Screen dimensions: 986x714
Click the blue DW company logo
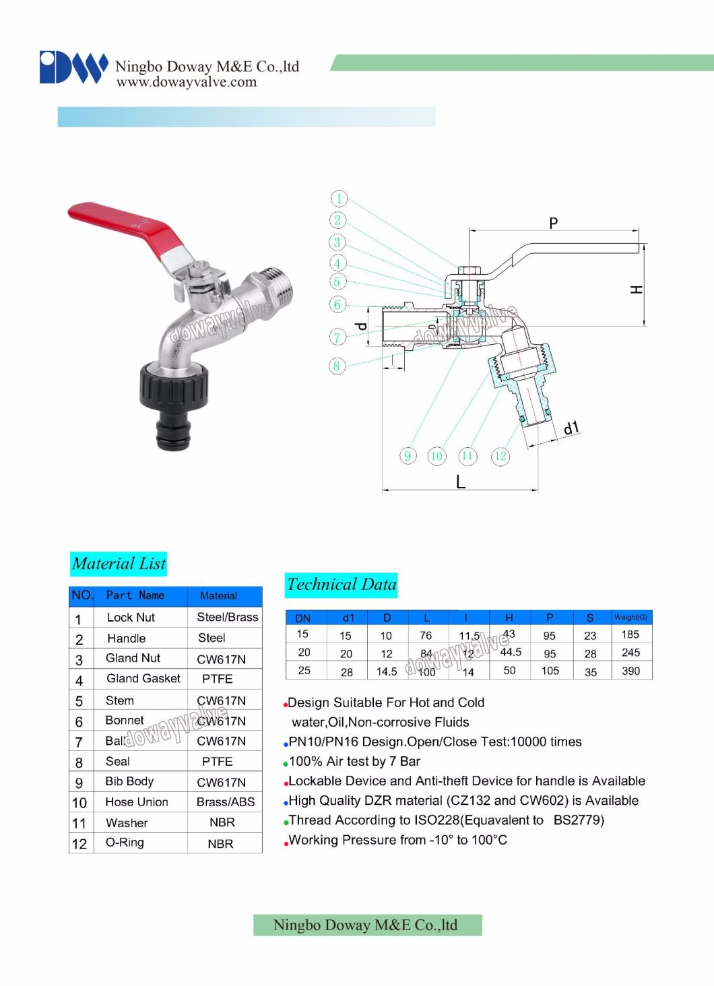pos(73,67)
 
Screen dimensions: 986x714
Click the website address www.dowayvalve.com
pos(187,82)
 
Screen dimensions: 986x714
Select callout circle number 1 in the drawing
pos(339,199)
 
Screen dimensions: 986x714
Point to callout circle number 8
pos(337,366)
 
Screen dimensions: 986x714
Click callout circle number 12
pos(500,456)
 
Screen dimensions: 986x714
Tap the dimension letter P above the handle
pos(553,223)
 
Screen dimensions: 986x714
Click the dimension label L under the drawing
pos(461,482)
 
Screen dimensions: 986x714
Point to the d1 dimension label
pos(571,428)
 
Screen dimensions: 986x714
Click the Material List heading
pos(119,564)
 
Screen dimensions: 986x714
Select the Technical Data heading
pos(342,585)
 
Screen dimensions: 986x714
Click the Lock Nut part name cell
pos(131,618)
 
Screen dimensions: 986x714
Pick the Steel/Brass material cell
pos(227,618)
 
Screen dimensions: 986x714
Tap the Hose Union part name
pos(137,802)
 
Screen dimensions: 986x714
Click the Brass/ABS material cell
pos(226,802)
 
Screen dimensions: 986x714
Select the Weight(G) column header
pos(630,618)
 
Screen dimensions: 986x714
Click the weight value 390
pos(631,671)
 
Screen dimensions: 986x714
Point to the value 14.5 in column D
pos(387,671)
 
